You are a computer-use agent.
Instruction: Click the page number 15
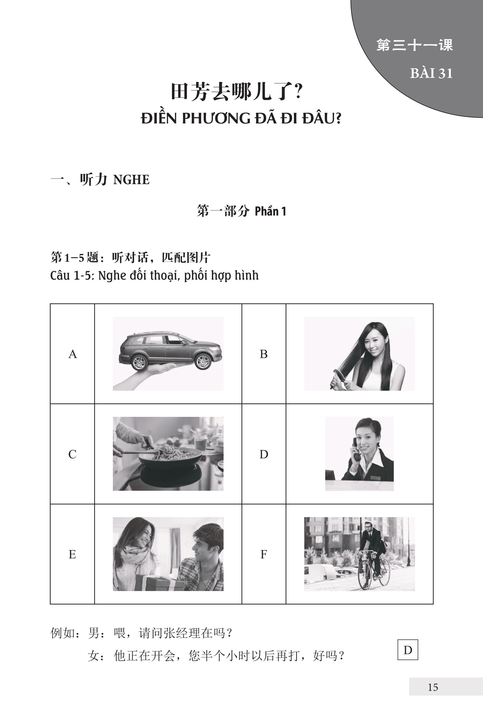[x=433, y=687]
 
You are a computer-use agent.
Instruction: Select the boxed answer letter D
[x=407, y=650]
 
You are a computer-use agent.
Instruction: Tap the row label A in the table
[x=72, y=354]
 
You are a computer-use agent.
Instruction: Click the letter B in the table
[x=264, y=354]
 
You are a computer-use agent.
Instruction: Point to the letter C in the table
[x=72, y=454]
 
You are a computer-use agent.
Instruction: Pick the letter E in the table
[x=72, y=554]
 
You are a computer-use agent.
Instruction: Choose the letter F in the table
[x=264, y=554]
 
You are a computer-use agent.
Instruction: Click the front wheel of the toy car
[x=203, y=361]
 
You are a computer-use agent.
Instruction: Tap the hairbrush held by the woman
[x=338, y=378]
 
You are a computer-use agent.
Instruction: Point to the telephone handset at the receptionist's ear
[x=356, y=450]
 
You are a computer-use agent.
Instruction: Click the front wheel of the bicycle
[x=384, y=573]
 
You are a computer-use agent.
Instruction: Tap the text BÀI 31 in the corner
[x=431, y=73]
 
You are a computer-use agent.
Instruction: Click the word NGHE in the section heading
[x=132, y=180]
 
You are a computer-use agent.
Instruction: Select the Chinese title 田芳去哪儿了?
[x=237, y=92]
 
